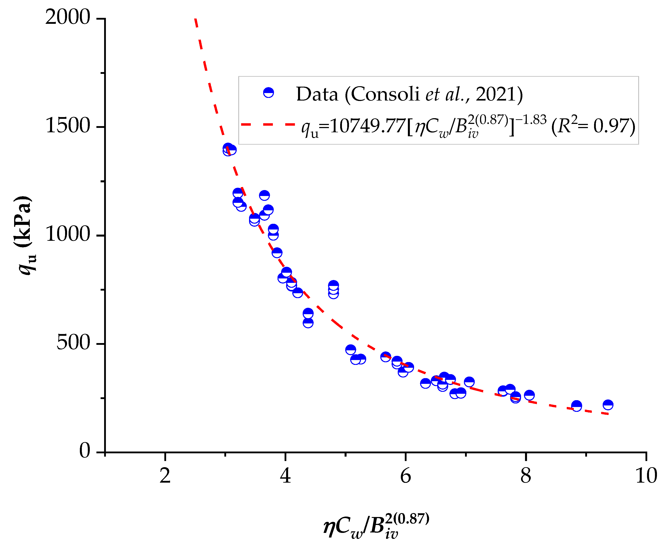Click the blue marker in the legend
[x=268, y=92]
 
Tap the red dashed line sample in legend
[x=268, y=125]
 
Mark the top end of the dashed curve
[x=195, y=19]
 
